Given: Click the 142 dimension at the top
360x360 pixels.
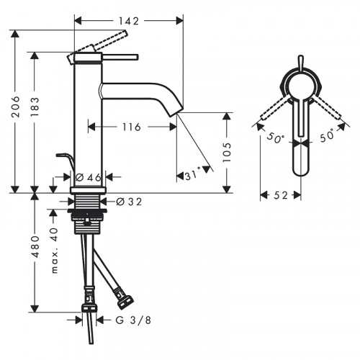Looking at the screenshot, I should (x=128, y=21).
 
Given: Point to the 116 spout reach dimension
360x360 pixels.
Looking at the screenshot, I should (x=130, y=127).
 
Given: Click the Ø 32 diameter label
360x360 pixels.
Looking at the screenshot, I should (x=127, y=202).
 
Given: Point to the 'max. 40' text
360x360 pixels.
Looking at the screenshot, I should (x=53, y=248).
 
